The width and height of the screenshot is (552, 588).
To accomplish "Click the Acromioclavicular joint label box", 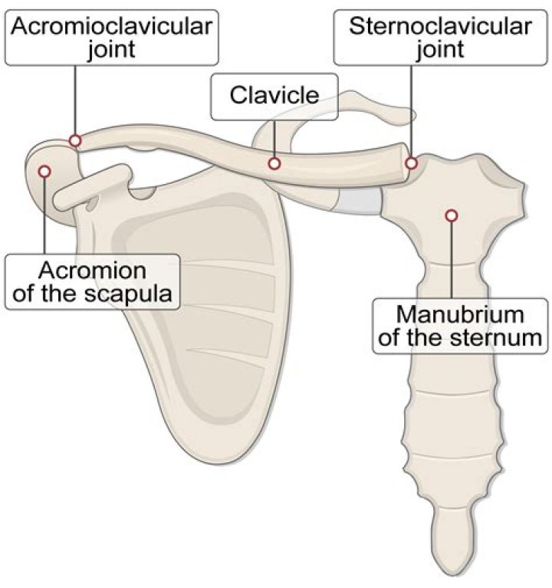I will click(112, 38).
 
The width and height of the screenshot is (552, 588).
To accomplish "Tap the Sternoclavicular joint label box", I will click(439, 38).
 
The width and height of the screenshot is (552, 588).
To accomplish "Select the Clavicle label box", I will click(274, 97).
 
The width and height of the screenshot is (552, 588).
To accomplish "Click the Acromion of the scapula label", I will click(92, 281).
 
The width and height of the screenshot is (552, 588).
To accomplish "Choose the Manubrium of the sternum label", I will click(460, 325).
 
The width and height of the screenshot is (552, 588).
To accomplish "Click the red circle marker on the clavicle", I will click(274, 163).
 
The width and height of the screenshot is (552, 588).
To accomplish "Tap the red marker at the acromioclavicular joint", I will click(75, 140).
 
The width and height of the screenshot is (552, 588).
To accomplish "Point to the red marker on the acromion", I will click(44, 170).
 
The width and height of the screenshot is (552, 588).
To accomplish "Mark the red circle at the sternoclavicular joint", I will click(412, 163).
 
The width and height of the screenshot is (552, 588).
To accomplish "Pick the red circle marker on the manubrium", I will click(452, 216).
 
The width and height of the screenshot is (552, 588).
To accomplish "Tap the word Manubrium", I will click(460, 314).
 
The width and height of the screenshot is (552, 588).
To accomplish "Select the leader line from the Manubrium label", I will click(452, 261).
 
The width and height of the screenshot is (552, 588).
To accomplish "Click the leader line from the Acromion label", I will click(44, 218).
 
